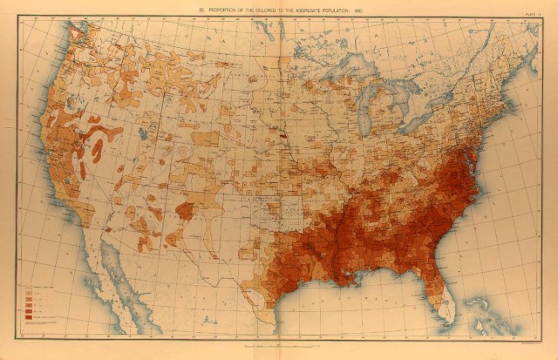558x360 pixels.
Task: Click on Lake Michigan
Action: coord(376,105)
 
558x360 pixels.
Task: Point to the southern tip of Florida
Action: coord(450,321)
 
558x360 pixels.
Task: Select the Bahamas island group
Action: coord(488,309)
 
